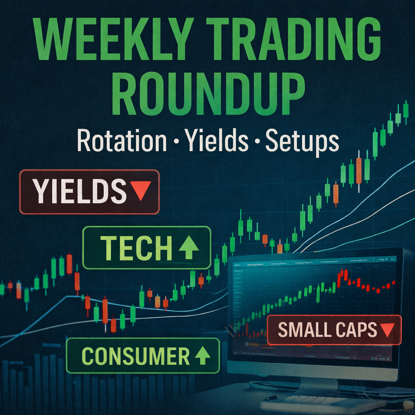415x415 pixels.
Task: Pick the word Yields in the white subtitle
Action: pos(216,141)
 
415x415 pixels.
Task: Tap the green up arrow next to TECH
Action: pos(188,248)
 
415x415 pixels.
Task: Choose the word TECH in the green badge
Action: pos(136,248)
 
